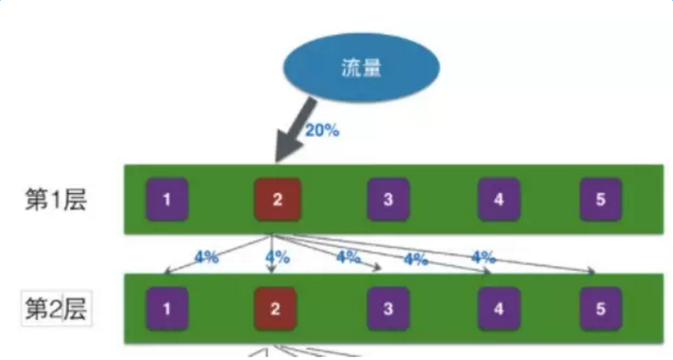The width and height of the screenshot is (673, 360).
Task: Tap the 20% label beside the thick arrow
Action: (322, 130)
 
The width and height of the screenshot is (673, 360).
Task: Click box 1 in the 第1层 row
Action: (167, 200)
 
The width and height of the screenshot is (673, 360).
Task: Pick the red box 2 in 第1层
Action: (276, 200)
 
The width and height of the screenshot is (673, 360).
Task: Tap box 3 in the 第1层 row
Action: (388, 200)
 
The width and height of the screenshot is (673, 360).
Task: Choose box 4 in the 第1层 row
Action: (499, 200)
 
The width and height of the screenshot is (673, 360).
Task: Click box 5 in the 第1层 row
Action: (600, 200)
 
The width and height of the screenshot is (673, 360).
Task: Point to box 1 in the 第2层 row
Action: (167, 309)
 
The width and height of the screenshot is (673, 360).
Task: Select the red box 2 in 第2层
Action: (275, 309)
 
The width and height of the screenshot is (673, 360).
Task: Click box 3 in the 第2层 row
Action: (388, 309)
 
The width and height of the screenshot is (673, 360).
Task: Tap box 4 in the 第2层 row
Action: (499, 309)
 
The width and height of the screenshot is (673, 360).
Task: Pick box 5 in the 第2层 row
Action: (600, 309)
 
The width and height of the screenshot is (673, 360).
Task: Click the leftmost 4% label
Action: (206, 257)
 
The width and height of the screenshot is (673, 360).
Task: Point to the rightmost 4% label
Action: (483, 257)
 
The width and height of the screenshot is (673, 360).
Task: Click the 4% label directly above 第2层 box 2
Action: (277, 258)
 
